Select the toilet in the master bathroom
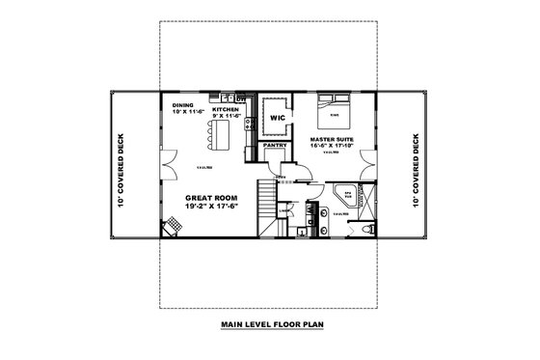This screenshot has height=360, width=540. [x=370, y=229]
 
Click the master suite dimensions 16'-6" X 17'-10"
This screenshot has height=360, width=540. [x=332, y=147]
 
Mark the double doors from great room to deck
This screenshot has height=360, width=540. [x=167, y=164]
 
